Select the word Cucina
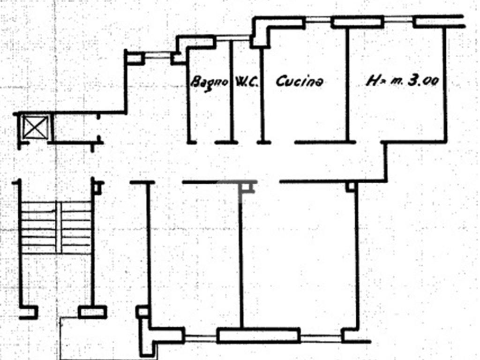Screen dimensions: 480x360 click(x=300, y=82)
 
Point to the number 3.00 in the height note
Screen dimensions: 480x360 click(x=424, y=81)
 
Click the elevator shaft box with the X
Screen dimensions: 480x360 click(x=36, y=127)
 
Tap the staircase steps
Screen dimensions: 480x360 click(x=56, y=227)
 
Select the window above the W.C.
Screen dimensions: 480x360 click(x=233, y=38)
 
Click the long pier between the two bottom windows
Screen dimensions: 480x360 click(x=258, y=335)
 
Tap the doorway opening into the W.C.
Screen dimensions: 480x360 click(x=247, y=142)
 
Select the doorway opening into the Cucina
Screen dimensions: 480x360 click(x=283, y=142)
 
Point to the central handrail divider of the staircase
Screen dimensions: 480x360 click(x=59, y=227)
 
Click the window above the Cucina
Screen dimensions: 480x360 click(x=318, y=20)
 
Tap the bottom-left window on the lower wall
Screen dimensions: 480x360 click(x=201, y=338)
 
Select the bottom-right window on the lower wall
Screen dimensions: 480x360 click(x=321, y=338)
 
